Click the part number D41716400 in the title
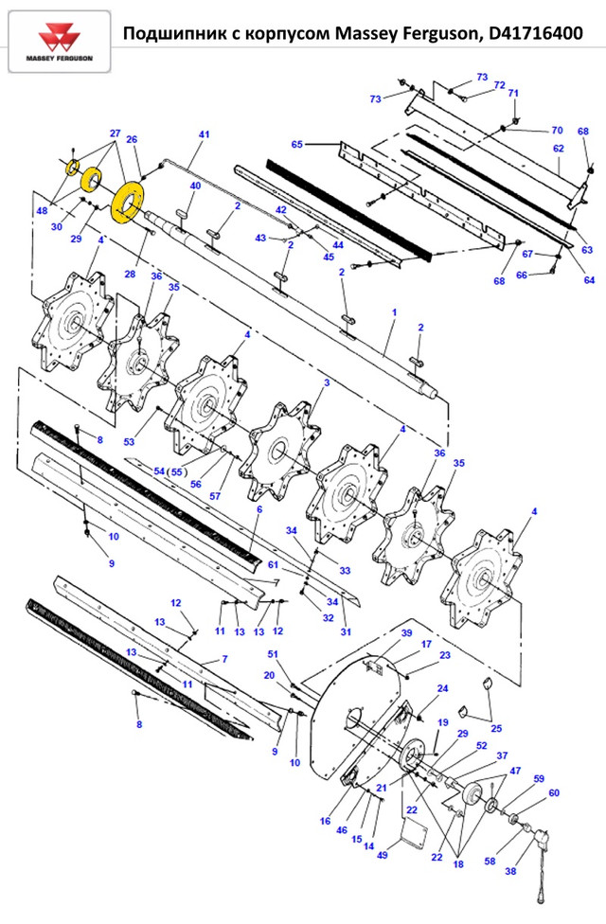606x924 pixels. [535, 35]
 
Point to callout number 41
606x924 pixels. [203, 135]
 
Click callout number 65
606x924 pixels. [296, 145]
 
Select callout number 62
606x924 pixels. [558, 149]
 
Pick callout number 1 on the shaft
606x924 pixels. [394, 311]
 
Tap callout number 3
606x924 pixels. [327, 382]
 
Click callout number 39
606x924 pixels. [406, 632]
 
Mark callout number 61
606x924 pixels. [273, 564]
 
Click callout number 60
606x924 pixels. [554, 792]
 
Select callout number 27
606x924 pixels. [115, 133]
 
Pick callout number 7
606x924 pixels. [225, 659]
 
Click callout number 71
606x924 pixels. [514, 93]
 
